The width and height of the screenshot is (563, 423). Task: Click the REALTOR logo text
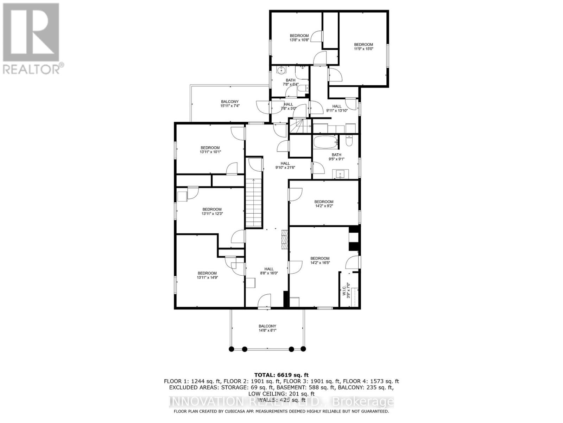click(33, 68)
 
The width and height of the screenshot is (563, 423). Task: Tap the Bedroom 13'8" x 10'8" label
click(299, 38)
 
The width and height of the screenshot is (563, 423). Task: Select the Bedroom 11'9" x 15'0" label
click(363, 47)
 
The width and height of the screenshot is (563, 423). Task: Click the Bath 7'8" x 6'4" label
click(290, 82)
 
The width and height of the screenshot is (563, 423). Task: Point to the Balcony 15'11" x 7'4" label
click(230, 104)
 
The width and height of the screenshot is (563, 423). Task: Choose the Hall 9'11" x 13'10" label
click(337, 108)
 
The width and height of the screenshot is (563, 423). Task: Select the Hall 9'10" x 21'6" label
click(285, 165)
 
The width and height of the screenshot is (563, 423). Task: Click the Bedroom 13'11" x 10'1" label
click(210, 150)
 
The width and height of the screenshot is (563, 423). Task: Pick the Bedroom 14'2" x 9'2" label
click(324, 204)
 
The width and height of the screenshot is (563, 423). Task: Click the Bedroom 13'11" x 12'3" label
click(212, 211)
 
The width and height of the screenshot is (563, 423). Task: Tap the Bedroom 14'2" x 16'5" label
click(320, 260)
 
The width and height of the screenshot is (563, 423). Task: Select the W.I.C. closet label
click(346, 290)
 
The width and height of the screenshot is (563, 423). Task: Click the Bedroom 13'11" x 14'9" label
click(207, 275)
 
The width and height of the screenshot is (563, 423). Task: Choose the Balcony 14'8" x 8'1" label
click(267, 328)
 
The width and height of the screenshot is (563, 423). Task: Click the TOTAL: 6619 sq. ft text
click(281, 375)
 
